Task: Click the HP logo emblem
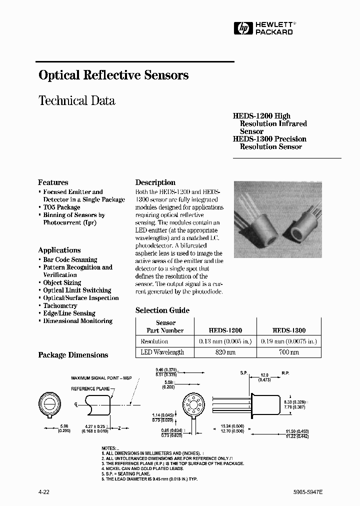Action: pos(243,29)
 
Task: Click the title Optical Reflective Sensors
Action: pos(113,75)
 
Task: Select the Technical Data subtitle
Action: pos(76,100)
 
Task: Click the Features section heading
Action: pos(53,182)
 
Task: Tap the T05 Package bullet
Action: pos(61,207)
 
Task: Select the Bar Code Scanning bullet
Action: pos(70,259)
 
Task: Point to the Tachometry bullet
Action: pos(60,305)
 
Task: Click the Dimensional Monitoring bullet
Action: pos(77,321)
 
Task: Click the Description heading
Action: pos(155,182)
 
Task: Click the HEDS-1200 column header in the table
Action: pos(225,330)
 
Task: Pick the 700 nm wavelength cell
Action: pos(288,352)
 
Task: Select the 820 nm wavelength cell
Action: pos(225,352)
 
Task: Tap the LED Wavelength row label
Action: pos(162,352)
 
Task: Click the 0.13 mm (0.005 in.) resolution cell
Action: pos(225,341)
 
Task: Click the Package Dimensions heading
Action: pos(73,355)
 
